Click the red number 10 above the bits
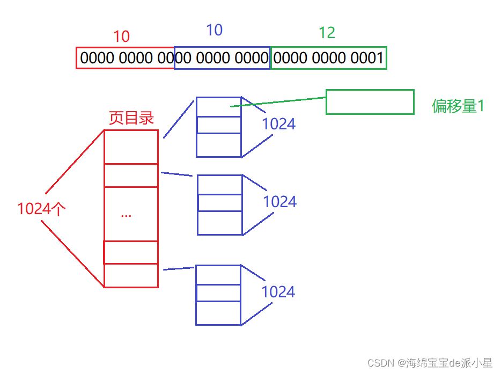pos(122,36)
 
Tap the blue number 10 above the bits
pos(214,30)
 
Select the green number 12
pos(327,33)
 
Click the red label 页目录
pos(131,118)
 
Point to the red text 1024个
pos(41,209)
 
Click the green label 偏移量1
pos(458,106)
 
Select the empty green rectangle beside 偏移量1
pos(370,102)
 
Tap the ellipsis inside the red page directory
pos(127,215)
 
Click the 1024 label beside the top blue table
pos(278,124)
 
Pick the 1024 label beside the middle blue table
pos(279,202)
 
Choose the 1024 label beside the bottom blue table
pos(278,292)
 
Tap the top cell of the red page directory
pos(131,147)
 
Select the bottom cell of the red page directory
pos(131,275)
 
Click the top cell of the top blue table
pos(218,106)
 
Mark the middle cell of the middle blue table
pos(220,203)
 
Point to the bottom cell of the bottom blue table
pos(218,313)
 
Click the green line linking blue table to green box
pos(279,101)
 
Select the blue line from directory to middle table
pos(176,174)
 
